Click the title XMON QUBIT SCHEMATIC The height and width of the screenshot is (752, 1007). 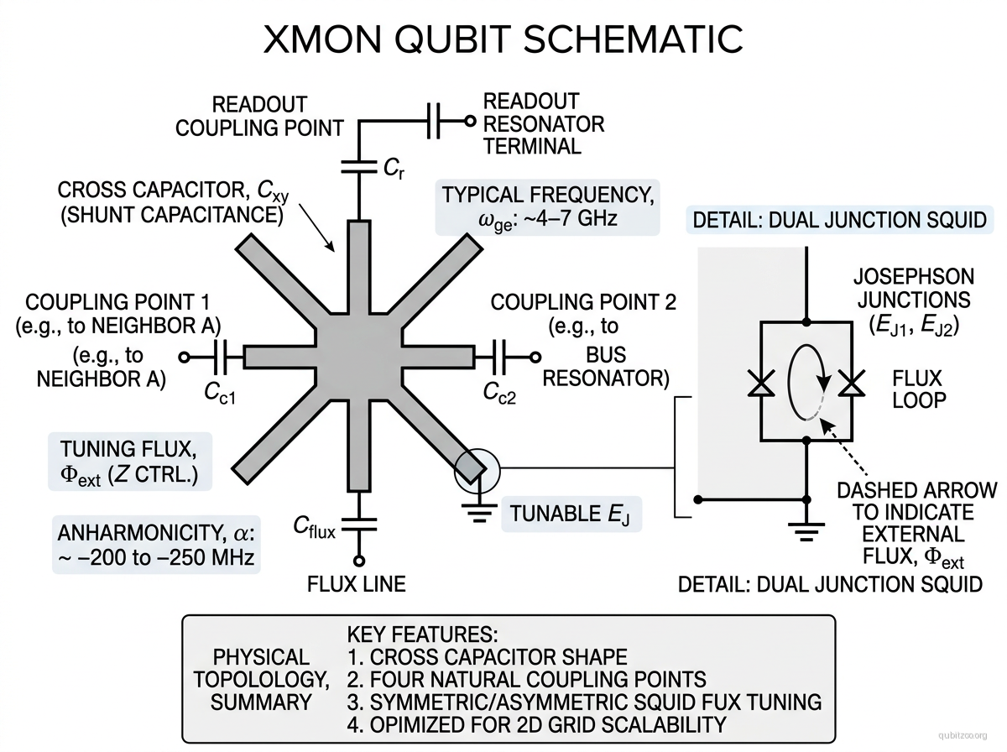(x=503, y=39)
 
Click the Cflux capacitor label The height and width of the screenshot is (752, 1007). (x=315, y=526)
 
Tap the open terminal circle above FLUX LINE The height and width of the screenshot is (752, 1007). (x=359, y=561)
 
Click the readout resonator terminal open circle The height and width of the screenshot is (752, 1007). (x=470, y=122)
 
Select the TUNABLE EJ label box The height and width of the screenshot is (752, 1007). (x=571, y=512)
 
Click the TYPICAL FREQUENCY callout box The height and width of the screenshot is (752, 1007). (x=548, y=206)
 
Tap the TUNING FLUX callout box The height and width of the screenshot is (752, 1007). (x=130, y=461)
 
